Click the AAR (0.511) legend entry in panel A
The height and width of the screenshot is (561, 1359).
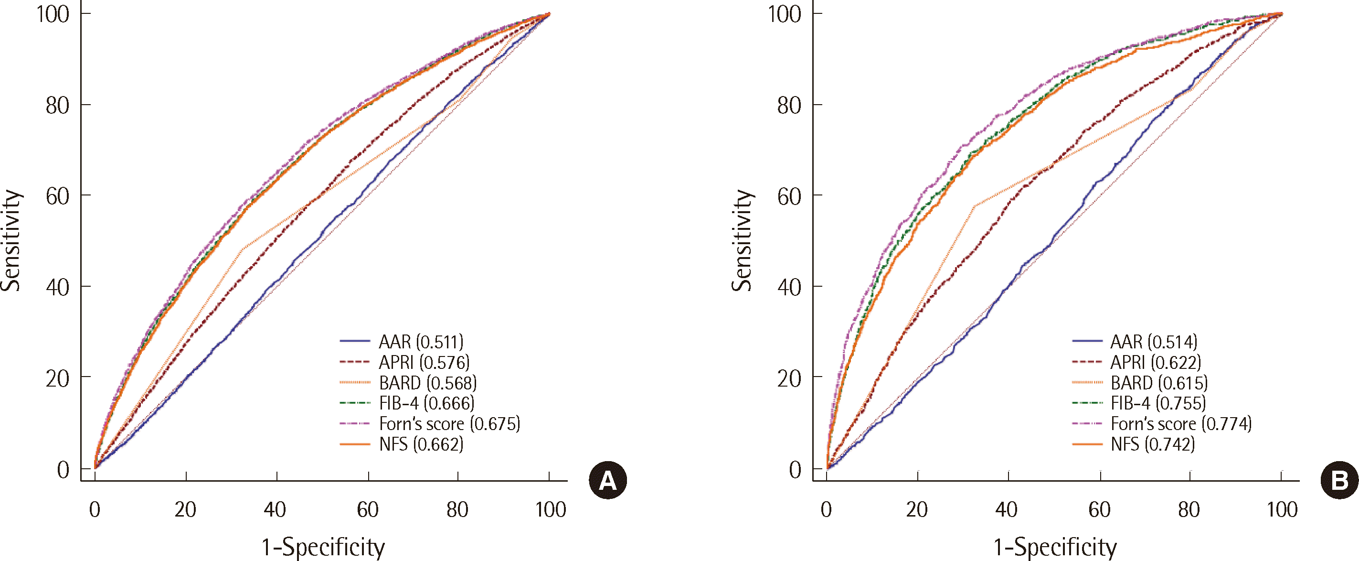(x=421, y=342)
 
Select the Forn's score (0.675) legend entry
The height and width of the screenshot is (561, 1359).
(x=449, y=424)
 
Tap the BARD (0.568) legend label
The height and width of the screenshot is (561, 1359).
(x=427, y=383)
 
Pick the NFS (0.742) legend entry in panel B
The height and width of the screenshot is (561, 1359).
(x=1152, y=444)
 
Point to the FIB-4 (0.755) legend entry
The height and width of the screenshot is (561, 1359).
(x=1158, y=403)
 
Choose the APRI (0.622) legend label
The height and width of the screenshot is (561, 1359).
(x=1156, y=363)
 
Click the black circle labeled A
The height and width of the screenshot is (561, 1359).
(x=608, y=480)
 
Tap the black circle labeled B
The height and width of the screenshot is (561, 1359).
(x=1339, y=480)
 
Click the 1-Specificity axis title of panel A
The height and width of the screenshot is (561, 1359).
(x=323, y=547)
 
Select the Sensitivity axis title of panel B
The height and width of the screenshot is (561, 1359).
(x=742, y=240)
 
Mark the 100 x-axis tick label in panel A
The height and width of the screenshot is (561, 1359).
(x=551, y=510)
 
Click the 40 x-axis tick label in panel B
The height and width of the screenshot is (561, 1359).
(x=1007, y=510)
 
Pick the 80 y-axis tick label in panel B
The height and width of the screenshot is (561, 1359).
(x=789, y=106)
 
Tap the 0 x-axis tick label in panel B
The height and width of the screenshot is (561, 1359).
(x=826, y=510)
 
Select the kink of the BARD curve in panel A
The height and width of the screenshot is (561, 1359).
(x=243, y=248)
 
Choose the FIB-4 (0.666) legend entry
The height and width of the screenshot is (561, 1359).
(x=426, y=403)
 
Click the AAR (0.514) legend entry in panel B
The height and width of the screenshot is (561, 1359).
(x=1153, y=342)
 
